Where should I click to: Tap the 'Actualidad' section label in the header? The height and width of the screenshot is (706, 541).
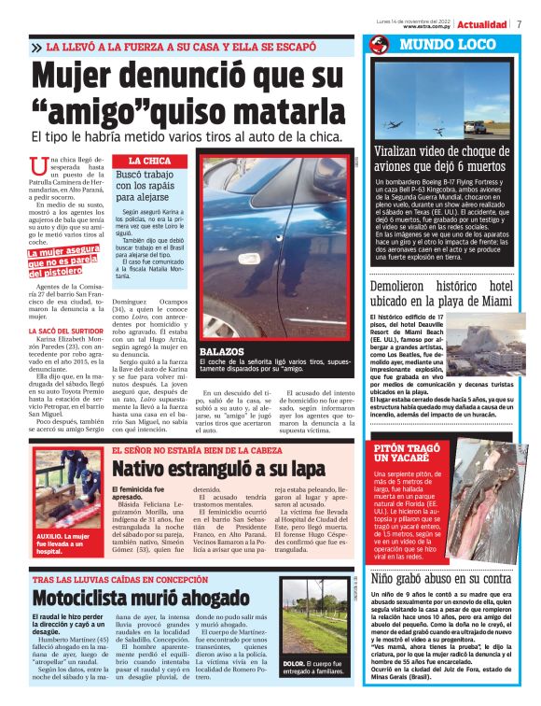(x=482, y=23)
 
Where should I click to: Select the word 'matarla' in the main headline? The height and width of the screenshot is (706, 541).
(x=273, y=112)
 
